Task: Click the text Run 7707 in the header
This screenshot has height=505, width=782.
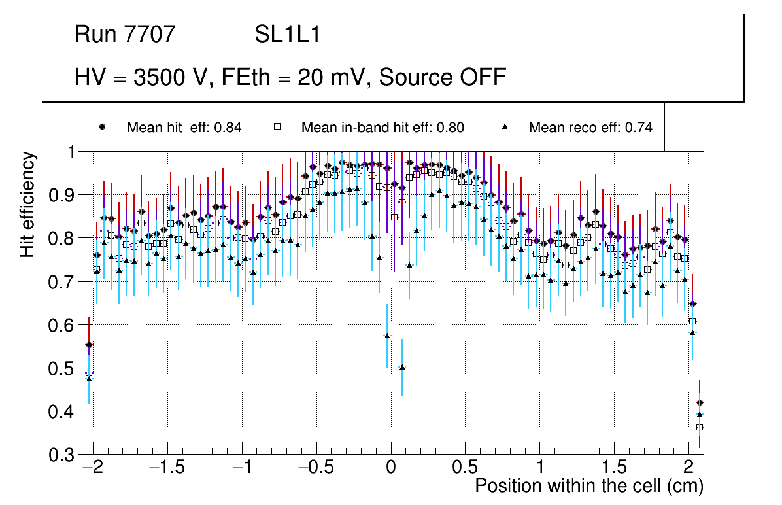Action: point(125,34)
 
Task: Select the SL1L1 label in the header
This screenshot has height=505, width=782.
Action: point(287,34)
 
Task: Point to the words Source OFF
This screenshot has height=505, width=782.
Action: point(443,77)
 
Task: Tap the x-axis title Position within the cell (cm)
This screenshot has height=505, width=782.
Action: point(588,486)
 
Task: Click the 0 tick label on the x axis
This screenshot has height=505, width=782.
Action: point(391,468)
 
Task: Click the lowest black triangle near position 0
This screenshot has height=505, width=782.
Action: point(402,367)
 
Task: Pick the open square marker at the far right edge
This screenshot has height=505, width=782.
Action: point(700,427)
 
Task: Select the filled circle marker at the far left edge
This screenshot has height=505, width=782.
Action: point(89,345)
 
